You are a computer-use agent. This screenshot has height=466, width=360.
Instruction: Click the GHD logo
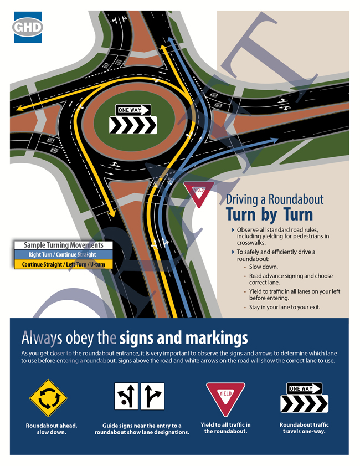click(x=28, y=27)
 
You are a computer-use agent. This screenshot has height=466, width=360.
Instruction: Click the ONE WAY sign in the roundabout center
click(x=133, y=110)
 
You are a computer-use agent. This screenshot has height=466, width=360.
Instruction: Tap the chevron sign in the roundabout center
click(x=133, y=125)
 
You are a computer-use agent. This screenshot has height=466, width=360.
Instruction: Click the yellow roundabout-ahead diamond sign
click(x=48, y=398)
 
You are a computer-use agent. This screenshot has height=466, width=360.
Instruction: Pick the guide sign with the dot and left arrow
click(x=126, y=396)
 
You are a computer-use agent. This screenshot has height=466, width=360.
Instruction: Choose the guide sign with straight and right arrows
click(x=152, y=396)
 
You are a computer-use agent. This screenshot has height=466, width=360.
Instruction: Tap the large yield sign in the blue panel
click(x=226, y=399)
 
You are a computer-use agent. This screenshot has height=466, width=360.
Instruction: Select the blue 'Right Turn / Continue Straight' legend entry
click(x=63, y=255)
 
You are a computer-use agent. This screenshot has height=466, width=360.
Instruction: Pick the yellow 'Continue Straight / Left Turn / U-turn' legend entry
click(x=63, y=264)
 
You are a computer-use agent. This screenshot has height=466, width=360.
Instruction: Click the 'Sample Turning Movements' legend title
click(x=63, y=245)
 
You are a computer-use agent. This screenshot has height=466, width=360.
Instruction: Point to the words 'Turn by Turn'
click(x=269, y=214)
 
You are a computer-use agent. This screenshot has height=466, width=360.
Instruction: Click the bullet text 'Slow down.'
click(x=264, y=267)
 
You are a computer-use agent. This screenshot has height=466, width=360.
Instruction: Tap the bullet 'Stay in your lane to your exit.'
click(x=285, y=307)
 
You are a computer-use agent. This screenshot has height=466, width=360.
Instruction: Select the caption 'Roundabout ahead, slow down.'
click(x=52, y=428)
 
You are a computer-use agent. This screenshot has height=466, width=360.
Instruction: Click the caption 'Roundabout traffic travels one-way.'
click(x=304, y=428)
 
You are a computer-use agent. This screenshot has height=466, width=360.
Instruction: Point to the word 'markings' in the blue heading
click(x=217, y=338)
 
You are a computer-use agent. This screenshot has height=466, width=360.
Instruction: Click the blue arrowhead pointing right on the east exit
click(x=273, y=140)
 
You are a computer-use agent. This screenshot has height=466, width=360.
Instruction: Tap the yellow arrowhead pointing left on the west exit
click(x=20, y=107)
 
